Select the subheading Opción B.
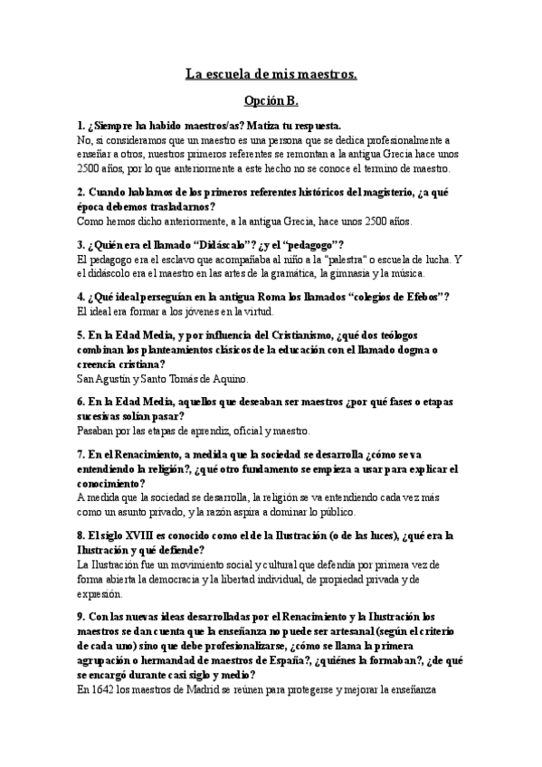pos(271,101)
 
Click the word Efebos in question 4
pos(419,297)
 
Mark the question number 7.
pos(81,454)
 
